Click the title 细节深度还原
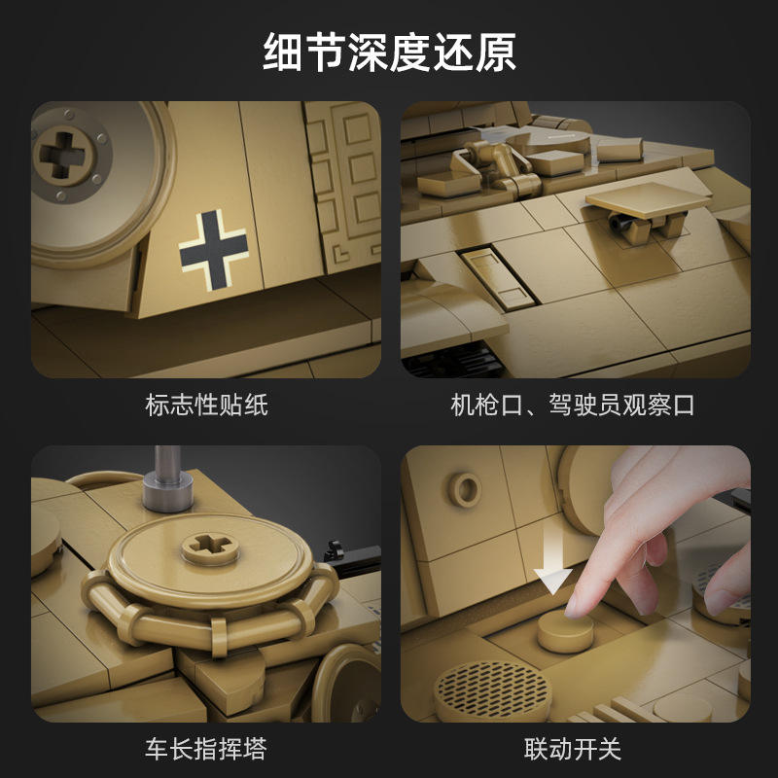point(389,53)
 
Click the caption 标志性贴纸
point(206,405)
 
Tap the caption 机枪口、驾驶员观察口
point(572,405)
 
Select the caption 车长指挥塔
point(206,749)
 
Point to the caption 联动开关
point(573,749)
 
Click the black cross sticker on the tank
point(214,250)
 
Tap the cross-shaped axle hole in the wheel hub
point(62,155)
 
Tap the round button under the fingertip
point(566,631)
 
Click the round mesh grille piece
point(492,690)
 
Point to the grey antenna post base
point(167,490)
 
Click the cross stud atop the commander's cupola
point(210,548)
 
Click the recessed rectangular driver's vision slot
point(498,278)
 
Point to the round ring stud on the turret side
point(465,489)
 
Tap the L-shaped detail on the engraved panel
point(341,254)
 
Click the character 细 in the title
point(283,53)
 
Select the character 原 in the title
point(496,53)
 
